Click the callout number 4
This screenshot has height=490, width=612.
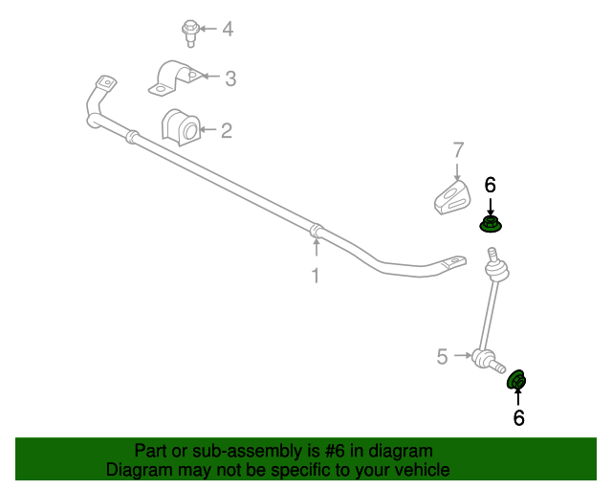(228, 30)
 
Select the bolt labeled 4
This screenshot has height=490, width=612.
(190, 33)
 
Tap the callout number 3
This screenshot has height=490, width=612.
(230, 78)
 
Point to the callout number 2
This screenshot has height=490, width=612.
(227, 130)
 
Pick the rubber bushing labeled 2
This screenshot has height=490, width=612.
(181, 127)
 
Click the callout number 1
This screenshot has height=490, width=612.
(316, 276)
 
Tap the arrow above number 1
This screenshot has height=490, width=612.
(317, 247)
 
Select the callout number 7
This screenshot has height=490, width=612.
(459, 150)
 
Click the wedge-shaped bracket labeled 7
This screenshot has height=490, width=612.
(452, 197)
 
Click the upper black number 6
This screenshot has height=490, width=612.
(491, 185)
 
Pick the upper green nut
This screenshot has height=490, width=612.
(491, 224)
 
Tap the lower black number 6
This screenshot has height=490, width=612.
(518, 417)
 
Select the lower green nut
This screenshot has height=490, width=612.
(516, 379)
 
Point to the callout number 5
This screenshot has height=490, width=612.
(442, 357)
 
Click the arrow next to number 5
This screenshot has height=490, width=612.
(463, 355)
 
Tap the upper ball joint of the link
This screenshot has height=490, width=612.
(496, 270)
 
